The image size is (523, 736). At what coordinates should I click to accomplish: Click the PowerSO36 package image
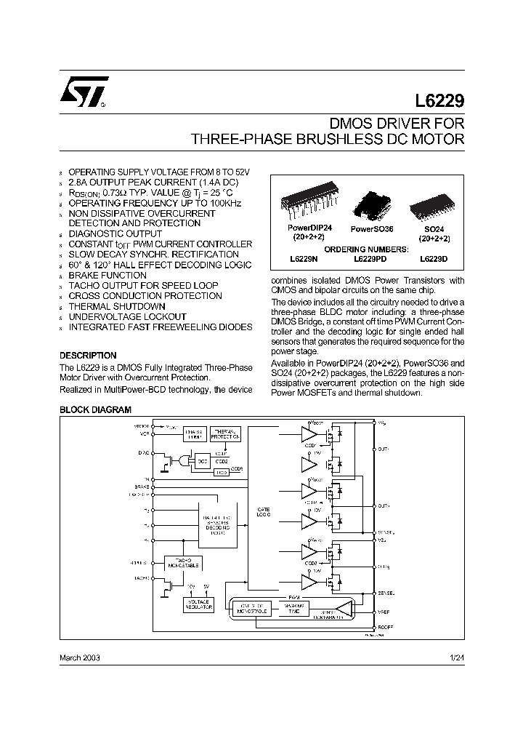[371, 205]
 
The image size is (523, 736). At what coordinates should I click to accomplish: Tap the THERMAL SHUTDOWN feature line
[117, 306]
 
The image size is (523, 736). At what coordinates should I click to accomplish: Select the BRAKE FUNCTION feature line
[108, 276]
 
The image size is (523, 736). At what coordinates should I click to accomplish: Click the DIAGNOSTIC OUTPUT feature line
[115, 234]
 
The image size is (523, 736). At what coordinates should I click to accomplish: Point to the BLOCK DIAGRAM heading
[90, 410]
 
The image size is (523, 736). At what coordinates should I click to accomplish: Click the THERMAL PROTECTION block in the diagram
[225, 434]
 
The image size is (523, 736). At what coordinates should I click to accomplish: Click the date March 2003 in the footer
[79, 657]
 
